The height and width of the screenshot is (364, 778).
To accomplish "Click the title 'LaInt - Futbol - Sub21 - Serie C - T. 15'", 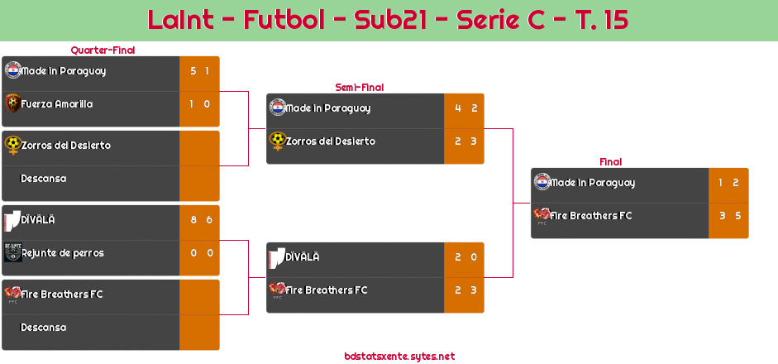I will [388, 20].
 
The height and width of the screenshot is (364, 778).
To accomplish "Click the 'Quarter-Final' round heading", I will [102, 50].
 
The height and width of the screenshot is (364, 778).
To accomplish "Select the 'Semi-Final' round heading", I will [358, 87].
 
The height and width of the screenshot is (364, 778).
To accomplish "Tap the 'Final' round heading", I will [609, 162].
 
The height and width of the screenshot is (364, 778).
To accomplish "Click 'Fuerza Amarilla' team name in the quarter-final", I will [57, 104].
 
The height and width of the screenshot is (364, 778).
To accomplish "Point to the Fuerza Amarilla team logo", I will [12, 103].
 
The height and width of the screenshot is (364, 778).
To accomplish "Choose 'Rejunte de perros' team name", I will [63, 253].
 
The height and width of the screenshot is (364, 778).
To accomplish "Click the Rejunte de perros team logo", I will [12, 252].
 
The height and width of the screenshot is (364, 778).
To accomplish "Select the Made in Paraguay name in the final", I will [592, 183].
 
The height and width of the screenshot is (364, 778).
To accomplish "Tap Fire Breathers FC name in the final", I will [591, 216].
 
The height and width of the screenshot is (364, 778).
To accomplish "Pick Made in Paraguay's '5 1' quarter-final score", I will [199, 71].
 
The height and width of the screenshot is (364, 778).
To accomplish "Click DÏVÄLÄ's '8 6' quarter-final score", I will [199, 220].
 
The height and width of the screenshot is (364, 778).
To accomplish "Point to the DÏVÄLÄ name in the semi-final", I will [303, 257].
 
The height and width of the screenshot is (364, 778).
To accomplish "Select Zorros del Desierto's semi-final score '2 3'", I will [465, 141].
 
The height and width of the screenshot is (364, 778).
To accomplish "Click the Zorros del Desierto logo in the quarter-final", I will [12, 145].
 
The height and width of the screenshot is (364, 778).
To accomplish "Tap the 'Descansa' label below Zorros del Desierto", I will [43, 179].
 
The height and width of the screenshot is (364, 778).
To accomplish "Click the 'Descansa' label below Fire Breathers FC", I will [43, 328].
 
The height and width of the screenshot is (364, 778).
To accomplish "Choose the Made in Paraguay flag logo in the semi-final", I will [277, 108].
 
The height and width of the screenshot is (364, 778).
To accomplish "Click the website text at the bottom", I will [399, 357].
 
